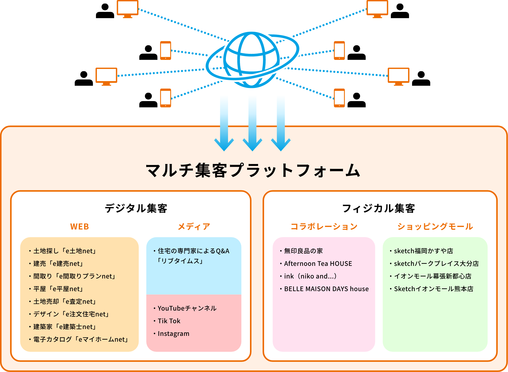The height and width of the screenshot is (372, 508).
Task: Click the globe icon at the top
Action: tap(251, 60)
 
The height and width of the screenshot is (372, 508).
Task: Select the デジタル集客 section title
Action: tap(136, 208)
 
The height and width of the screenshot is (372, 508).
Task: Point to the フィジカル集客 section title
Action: tap(378, 208)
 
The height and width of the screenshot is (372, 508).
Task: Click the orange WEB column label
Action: tap(80, 226)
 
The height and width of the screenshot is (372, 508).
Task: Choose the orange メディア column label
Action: tap(194, 226)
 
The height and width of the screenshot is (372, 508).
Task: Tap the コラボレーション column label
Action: tap(324, 226)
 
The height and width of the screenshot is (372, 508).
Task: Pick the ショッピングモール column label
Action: tap(435, 226)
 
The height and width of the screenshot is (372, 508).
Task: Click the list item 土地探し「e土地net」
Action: tap(64, 251)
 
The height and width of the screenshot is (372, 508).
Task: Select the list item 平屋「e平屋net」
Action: tap(58, 289)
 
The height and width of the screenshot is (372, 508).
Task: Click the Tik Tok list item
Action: tap(169, 321)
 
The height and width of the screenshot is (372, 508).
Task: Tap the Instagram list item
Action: tap(173, 334)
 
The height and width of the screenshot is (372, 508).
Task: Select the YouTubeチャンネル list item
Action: tap(187, 308)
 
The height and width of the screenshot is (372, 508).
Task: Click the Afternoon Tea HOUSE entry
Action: tap(318, 264)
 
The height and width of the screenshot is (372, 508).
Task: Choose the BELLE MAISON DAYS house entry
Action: tap(326, 289)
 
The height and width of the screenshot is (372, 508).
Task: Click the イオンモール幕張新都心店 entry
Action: tap(433, 276)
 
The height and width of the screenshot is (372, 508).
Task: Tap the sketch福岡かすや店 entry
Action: tap(423, 251)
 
